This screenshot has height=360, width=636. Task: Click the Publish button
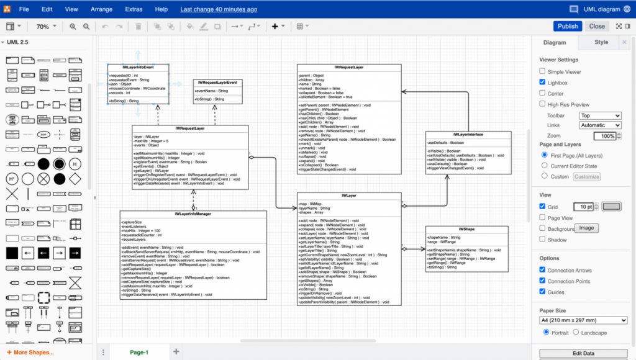click(568, 26)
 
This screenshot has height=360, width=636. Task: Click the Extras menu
click(133, 9)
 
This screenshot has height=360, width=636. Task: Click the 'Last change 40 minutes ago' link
click(219, 9)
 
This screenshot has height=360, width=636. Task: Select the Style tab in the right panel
click(601, 42)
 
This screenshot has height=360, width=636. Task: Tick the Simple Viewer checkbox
click(542, 72)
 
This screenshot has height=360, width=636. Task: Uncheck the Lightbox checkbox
click(542, 83)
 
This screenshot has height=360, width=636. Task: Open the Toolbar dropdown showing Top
click(600, 115)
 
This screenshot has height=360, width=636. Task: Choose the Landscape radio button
click(576, 332)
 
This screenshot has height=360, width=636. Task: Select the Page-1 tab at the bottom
click(139, 352)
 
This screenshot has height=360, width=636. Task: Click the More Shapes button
click(30, 353)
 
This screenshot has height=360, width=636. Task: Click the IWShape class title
click(466, 229)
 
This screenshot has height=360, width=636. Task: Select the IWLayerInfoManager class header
click(193, 214)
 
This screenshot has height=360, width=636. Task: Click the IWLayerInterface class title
click(468, 134)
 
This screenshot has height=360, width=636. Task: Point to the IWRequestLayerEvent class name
click(217, 82)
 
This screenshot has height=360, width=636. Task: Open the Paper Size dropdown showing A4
click(583, 320)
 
